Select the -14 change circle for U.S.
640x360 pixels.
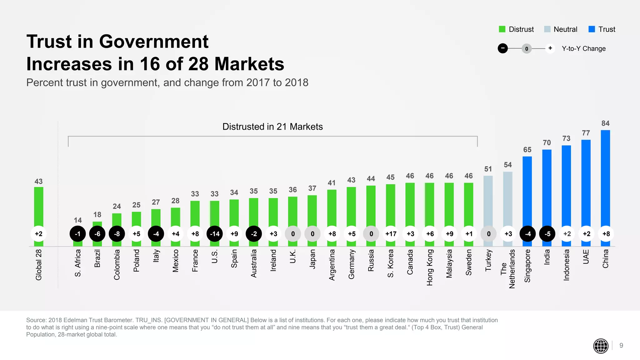point(215,234)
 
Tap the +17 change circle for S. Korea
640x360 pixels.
point(391,234)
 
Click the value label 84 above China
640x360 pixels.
point(605,123)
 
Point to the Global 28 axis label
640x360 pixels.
point(38,265)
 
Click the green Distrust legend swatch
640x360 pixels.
point(502,29)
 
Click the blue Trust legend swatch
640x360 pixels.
point(592,29)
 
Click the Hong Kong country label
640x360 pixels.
point(430,267)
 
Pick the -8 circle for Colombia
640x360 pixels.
point(117,234)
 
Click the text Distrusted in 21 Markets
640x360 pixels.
point(272,127)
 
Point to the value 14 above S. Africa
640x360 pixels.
point(78,220)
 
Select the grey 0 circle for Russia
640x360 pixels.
point(371,234)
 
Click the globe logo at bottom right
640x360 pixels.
point(601,346)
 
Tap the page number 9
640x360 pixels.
point(621,346)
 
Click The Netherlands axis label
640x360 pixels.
point(507,269)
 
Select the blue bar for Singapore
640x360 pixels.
point(527,191)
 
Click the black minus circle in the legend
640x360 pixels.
point(502,48)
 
